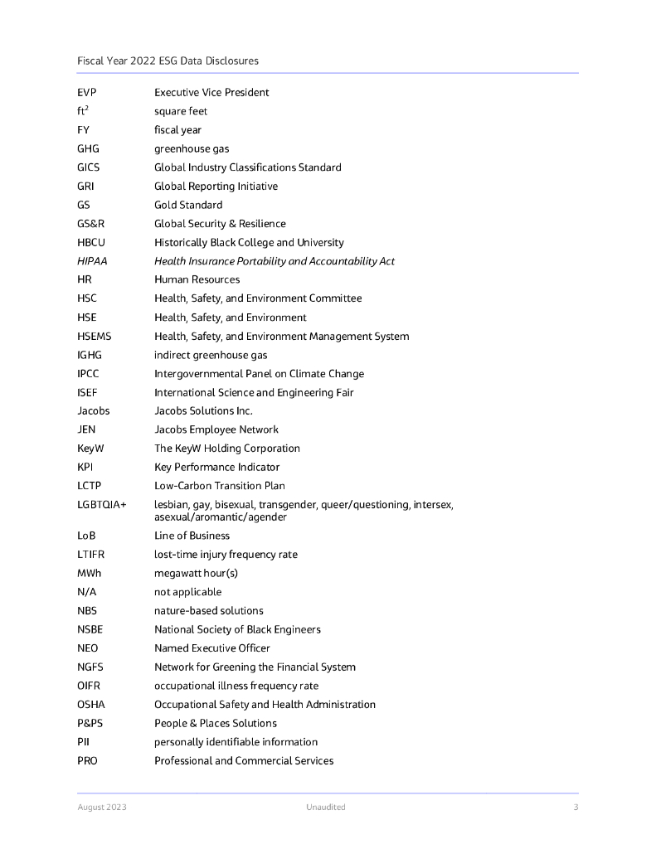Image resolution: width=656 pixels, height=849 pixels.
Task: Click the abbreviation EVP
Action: click(x=88, y=93)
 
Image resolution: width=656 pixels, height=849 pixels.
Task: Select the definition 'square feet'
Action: click(x=181, y=111)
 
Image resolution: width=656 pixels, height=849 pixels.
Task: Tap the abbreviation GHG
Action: click(x=90, y=149)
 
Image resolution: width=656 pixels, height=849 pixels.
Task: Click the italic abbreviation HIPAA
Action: click(x=92, y=261)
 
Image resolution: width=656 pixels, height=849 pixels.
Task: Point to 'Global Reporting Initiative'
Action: click(x=216, y=187)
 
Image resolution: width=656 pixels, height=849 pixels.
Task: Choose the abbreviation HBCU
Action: click(x=91, y=243)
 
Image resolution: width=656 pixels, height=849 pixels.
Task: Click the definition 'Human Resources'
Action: click(x=197, y=279)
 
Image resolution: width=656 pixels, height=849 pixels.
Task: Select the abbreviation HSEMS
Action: click(x=94, y=337)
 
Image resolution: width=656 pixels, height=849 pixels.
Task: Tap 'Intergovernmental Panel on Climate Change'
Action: click(x=259, y=374)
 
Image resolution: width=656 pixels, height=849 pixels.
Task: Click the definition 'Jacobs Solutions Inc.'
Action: click(x=203, y=411)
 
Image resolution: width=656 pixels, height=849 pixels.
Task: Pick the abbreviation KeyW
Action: click(x=90, y=449)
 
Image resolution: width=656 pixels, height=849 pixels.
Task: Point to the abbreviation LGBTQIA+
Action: click(x=102, y=505)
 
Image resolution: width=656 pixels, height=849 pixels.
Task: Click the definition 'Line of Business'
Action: click(x=192, y=536)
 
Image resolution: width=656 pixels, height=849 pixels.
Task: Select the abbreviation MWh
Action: click(x=90, y=574)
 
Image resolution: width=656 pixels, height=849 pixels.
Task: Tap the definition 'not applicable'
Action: click(x=187, y=592)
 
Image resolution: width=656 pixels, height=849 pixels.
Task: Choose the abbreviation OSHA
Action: click(x=91, y=705)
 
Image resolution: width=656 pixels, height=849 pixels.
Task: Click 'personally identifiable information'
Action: click(x=236, y=742)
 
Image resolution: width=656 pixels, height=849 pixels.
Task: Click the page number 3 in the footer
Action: click(x=575, y=808)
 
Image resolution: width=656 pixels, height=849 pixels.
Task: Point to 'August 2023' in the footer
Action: click(x=102, y=808)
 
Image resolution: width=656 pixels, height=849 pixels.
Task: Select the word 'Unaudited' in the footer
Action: click(x=325, y=808)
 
